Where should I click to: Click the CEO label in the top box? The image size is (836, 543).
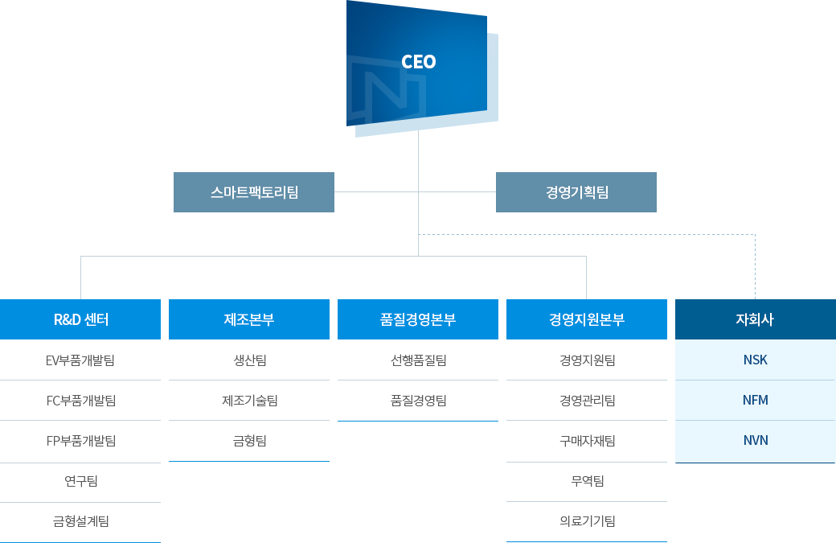(x=419, y=62)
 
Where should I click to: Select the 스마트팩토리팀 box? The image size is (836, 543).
(x=254, y=192)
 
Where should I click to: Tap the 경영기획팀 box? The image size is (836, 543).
(x=576, y=192)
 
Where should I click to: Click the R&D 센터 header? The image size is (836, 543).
(x=80, y=319)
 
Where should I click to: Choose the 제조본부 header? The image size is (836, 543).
(x=249, y=319)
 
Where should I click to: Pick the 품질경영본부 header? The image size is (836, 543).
(x=418, y=319)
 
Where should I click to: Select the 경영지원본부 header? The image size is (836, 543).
(x=587, y=319)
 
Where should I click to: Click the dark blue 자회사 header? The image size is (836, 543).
(x=755, y=319)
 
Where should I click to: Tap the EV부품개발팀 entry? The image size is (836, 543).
(x=80, y=360)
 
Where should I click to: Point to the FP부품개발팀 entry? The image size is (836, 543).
(x=81, y=441)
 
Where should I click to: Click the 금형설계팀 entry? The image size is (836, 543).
(x=81, y=521)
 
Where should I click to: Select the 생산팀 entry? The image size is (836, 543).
(x=249, y=360)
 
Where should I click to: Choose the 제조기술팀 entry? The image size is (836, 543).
(x=249, y=401)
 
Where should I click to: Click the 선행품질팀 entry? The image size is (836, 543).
(x=419, y=360)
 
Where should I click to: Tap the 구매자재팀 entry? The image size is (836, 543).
(x=587, y=441)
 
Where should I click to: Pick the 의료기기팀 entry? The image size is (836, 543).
(x=587, y=521)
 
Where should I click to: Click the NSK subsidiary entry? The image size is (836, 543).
(x=756, y=360)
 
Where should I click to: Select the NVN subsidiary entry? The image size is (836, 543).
(x=756, y=440)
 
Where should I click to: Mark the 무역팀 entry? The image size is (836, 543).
(x=587, y=480)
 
